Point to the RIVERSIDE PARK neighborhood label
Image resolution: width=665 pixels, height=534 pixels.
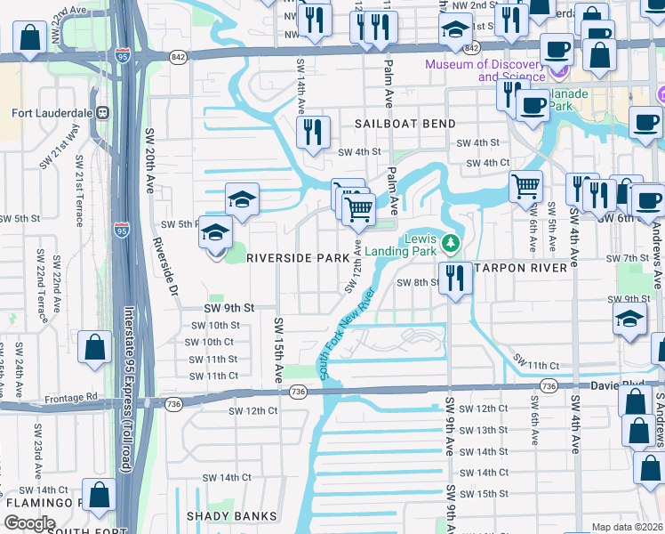[298, 257]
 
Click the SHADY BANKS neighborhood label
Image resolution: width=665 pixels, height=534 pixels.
[232, 516]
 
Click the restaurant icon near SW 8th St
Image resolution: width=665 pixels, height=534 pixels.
[455, 278]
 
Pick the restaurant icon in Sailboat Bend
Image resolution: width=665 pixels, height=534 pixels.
[313, 133]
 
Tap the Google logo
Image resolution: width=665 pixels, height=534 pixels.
[29, 522]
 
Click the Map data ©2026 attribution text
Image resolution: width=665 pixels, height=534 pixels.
[628, 527]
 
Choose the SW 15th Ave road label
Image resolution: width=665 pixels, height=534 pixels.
[279, 352]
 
